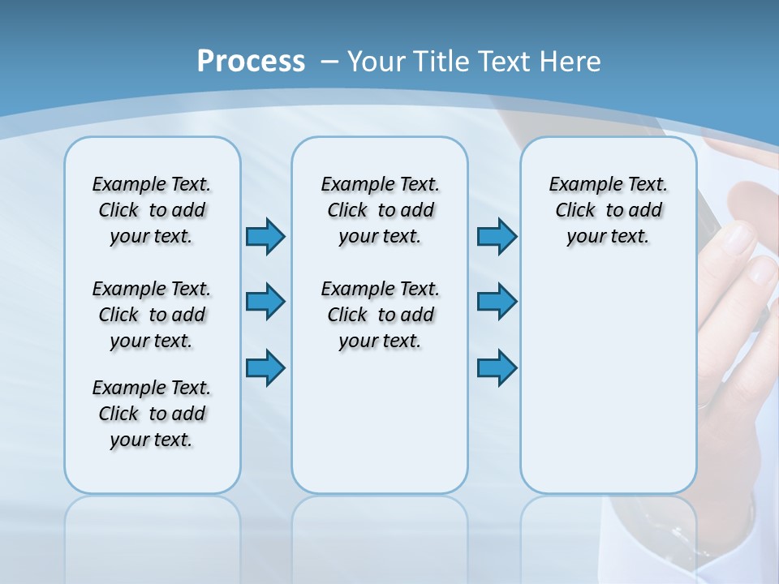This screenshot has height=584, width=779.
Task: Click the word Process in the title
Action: (251, 62)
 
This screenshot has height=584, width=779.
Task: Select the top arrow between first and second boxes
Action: (265, 236)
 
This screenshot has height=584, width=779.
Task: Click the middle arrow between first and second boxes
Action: (265, 301)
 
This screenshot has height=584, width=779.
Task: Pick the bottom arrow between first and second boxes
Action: (265, 367)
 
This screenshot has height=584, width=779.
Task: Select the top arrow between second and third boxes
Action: (497, 236)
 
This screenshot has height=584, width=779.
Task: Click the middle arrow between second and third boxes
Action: (497, 301)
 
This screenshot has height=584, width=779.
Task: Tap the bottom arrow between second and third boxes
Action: (497, 367)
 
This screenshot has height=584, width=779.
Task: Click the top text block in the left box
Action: (152, 210)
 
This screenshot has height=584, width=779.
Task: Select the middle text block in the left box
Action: (152, 315)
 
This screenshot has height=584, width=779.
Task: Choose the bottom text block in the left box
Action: (152, 414)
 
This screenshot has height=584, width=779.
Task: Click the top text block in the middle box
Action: (380, 210)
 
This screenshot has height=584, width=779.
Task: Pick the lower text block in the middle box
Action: (380, 315)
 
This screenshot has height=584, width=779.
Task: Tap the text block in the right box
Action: (608, 210)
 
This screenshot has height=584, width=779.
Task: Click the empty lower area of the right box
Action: (608, 381)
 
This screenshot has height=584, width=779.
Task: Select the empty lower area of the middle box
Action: (380, 422)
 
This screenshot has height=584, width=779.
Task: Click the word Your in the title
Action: (377, 62)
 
